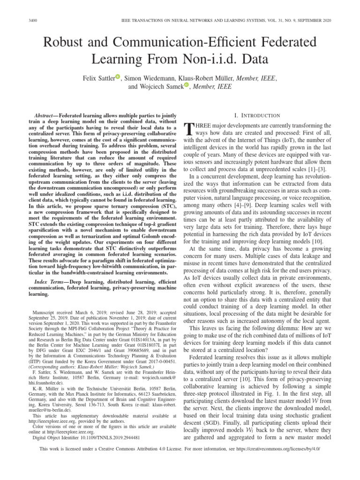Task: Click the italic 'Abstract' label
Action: (x=46, y=115)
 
